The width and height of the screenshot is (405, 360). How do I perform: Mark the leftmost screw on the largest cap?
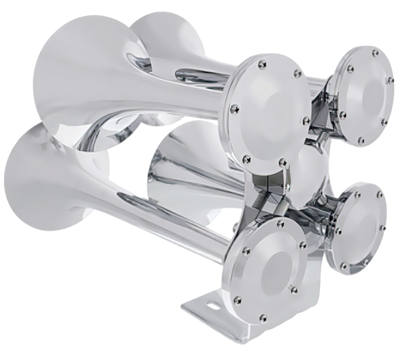coord(235,109)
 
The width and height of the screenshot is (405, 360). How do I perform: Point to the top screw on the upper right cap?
coord(375,52)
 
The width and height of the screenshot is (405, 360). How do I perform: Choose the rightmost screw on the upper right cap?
coord(390,80)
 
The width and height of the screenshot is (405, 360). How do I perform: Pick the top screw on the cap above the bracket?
coord(280,224)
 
